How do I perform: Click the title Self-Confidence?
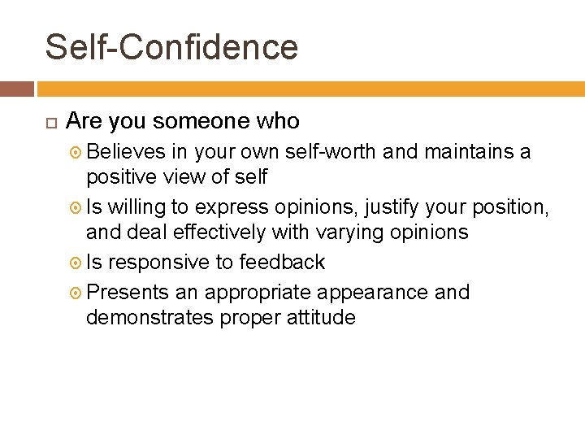(171, 47)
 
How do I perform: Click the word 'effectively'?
(215, 232)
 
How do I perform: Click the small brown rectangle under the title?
(16, 89)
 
